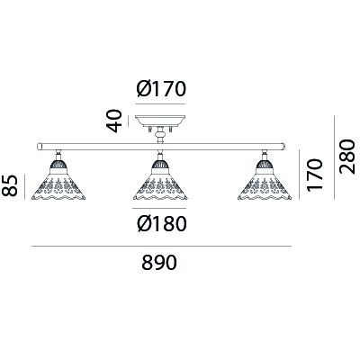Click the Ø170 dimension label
pyautogui.click(x=161, y=89)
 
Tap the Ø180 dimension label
pyautogui.click(x=162, y=224)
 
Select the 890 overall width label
pyautogui.click(x=159, y=263)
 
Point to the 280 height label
pyautogui.click(x=347, y=157)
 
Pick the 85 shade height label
pyautogui.click(x=9, y=186)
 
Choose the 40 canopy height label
pyautogui.click(x=114, y=121)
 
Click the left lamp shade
pyautogui.click(x=58, y=186)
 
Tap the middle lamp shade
pyautogui.click(x=160, y=186)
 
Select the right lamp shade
pyautogui.click(x=265, y=186)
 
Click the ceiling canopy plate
pyautogui.click(x=160, y=121)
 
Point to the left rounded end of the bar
pyautogui.click(x=39, y=147)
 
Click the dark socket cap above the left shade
pyautogui.click(x=58, y=165)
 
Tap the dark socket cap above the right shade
pyautogui.click(x=265, y=165)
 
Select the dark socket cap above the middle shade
pyautogui.click(x=160, y=165)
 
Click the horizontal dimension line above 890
pyautogui.click(x=161, y=247)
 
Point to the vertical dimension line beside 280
pyautogui.click(x=334, y=157)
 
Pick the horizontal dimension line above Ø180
pyautogui.click(x=159, y=208)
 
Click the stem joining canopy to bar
pyautogui.click(x=160, y=135)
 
